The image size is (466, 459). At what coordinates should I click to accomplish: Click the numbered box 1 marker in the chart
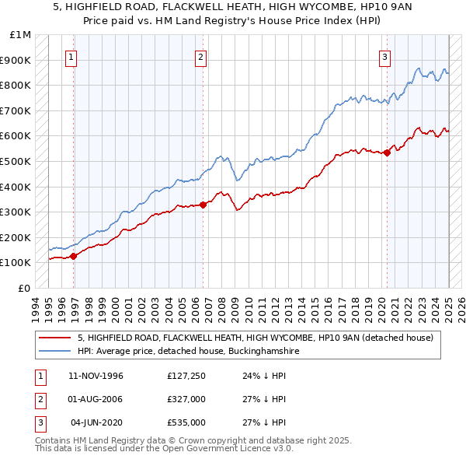click(71, 56)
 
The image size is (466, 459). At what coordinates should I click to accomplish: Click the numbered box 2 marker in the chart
click(200, 56)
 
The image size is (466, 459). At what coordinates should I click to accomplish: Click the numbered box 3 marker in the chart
click(384, 56)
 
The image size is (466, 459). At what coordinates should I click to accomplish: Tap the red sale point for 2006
click(203, 205)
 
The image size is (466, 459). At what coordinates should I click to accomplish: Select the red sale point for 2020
click(387, 152)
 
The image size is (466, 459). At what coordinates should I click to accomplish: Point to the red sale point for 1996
click(74, 255)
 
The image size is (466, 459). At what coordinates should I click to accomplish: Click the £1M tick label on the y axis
click(21, 35)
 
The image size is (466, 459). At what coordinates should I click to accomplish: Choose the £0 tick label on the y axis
click(24, 288)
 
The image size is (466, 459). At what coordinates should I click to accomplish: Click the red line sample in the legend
click(56, 338)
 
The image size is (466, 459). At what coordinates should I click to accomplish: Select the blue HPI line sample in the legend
click(56, 351)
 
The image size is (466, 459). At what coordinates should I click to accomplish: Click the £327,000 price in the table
click(186, 399)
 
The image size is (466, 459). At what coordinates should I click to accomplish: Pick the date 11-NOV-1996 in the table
click(96, 376)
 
